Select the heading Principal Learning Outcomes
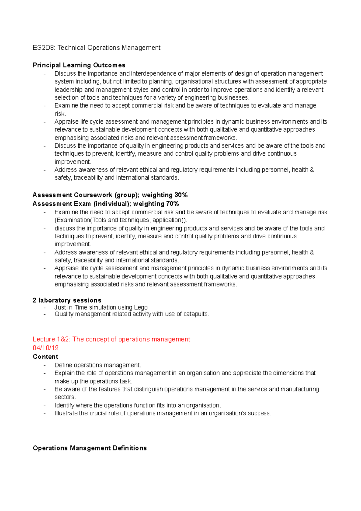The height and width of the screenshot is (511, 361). pos(79,65)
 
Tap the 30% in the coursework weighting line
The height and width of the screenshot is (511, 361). pos(181,195)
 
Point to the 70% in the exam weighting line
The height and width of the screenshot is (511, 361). pos(172,204)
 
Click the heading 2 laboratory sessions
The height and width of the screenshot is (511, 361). pos(67,300)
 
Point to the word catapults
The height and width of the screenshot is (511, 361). pos(196,314)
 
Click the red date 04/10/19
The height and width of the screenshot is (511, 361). pos(45,348)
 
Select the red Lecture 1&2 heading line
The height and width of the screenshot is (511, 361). pos(111,339)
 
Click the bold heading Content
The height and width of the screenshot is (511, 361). pos(45,357)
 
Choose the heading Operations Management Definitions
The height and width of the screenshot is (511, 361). pos(90,448)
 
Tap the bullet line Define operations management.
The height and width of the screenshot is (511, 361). pos(97,365)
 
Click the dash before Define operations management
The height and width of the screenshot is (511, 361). pos(45,365)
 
